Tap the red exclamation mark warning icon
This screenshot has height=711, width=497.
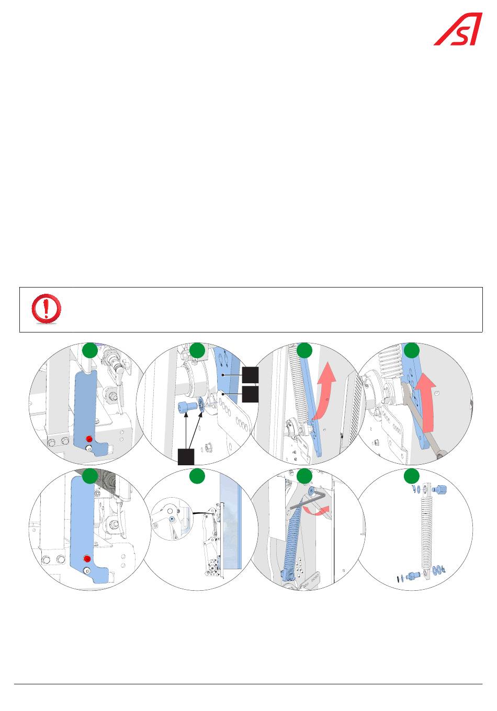(x=46, y=309)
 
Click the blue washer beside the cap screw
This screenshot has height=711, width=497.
(x=200, y=405)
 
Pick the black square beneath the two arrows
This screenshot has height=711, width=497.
(x=186, y=456)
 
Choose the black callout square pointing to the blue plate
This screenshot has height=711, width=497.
(x=251, y=375)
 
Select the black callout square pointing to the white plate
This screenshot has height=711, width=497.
(x=251, y=394)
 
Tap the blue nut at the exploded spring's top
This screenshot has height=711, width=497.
(x=440, y=491)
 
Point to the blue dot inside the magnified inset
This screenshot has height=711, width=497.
(x=172, y=520)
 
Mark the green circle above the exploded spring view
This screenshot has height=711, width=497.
(x=412, y=476)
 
